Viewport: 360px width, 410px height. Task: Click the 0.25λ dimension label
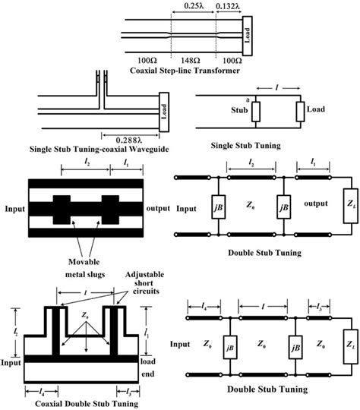[194, 5]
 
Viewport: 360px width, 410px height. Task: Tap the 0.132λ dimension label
[228, 5]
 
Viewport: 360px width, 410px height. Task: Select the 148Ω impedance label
[191, 61]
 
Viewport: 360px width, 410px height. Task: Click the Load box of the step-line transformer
[248, 36]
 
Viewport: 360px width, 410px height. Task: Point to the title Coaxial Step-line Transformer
[185, 71]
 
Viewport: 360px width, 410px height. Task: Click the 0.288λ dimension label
[129, 140]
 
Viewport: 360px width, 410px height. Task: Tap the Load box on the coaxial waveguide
[164, 112]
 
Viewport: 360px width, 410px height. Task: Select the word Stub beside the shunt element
[239, 110]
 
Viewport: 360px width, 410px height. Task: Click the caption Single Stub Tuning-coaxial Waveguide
[99, 150]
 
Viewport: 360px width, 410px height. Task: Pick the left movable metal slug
[62, 210]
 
